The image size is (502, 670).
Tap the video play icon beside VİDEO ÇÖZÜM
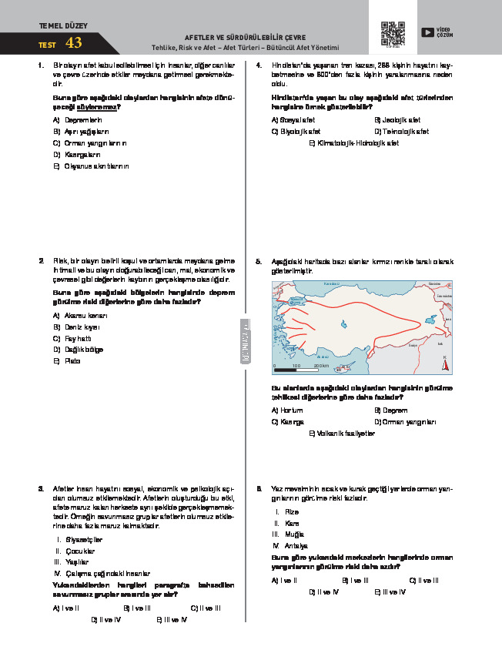[x=427, y=32]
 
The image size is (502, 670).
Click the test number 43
[x=74, y=43]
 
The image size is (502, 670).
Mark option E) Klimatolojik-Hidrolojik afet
[x=353, y=143]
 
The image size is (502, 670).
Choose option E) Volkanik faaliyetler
[x=342, y=434]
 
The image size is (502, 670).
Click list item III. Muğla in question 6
[x=288, y=534]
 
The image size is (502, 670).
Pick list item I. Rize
[x=286, y=511]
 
